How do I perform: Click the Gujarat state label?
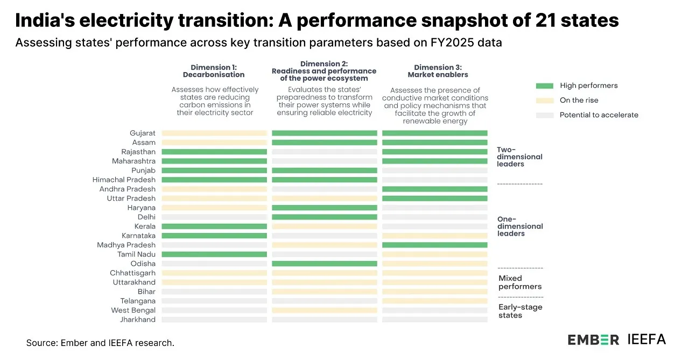[x=142, y=133]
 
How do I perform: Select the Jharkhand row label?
[x=137, y=320]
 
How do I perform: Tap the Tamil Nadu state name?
[x=136, y=255]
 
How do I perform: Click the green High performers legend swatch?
[x=544, y=86]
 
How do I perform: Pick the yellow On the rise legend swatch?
[x=544, y=100]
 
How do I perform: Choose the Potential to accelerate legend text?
[x=599, y=115]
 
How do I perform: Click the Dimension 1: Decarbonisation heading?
[x=214, y=71]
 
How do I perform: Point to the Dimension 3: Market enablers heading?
[x=438, y=71]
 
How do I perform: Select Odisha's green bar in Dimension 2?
[x=324, y=264]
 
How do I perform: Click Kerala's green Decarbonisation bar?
[x=214, y=227]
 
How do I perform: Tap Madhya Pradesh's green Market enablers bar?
[x=434, y=245]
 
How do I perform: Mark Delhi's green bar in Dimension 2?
[x=324, y=217]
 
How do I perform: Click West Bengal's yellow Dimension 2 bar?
[x=324, y=310]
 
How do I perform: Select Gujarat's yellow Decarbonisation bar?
[x=214, y=133]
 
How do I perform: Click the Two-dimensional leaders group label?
[x=519, y=157]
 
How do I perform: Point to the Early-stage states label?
[x=520, y=311]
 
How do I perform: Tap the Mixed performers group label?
[x=520, y=283]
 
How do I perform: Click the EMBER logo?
[x=593, y=340]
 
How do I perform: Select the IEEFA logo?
[x=646, y=339]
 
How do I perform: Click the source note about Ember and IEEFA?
[x=100, y=343]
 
